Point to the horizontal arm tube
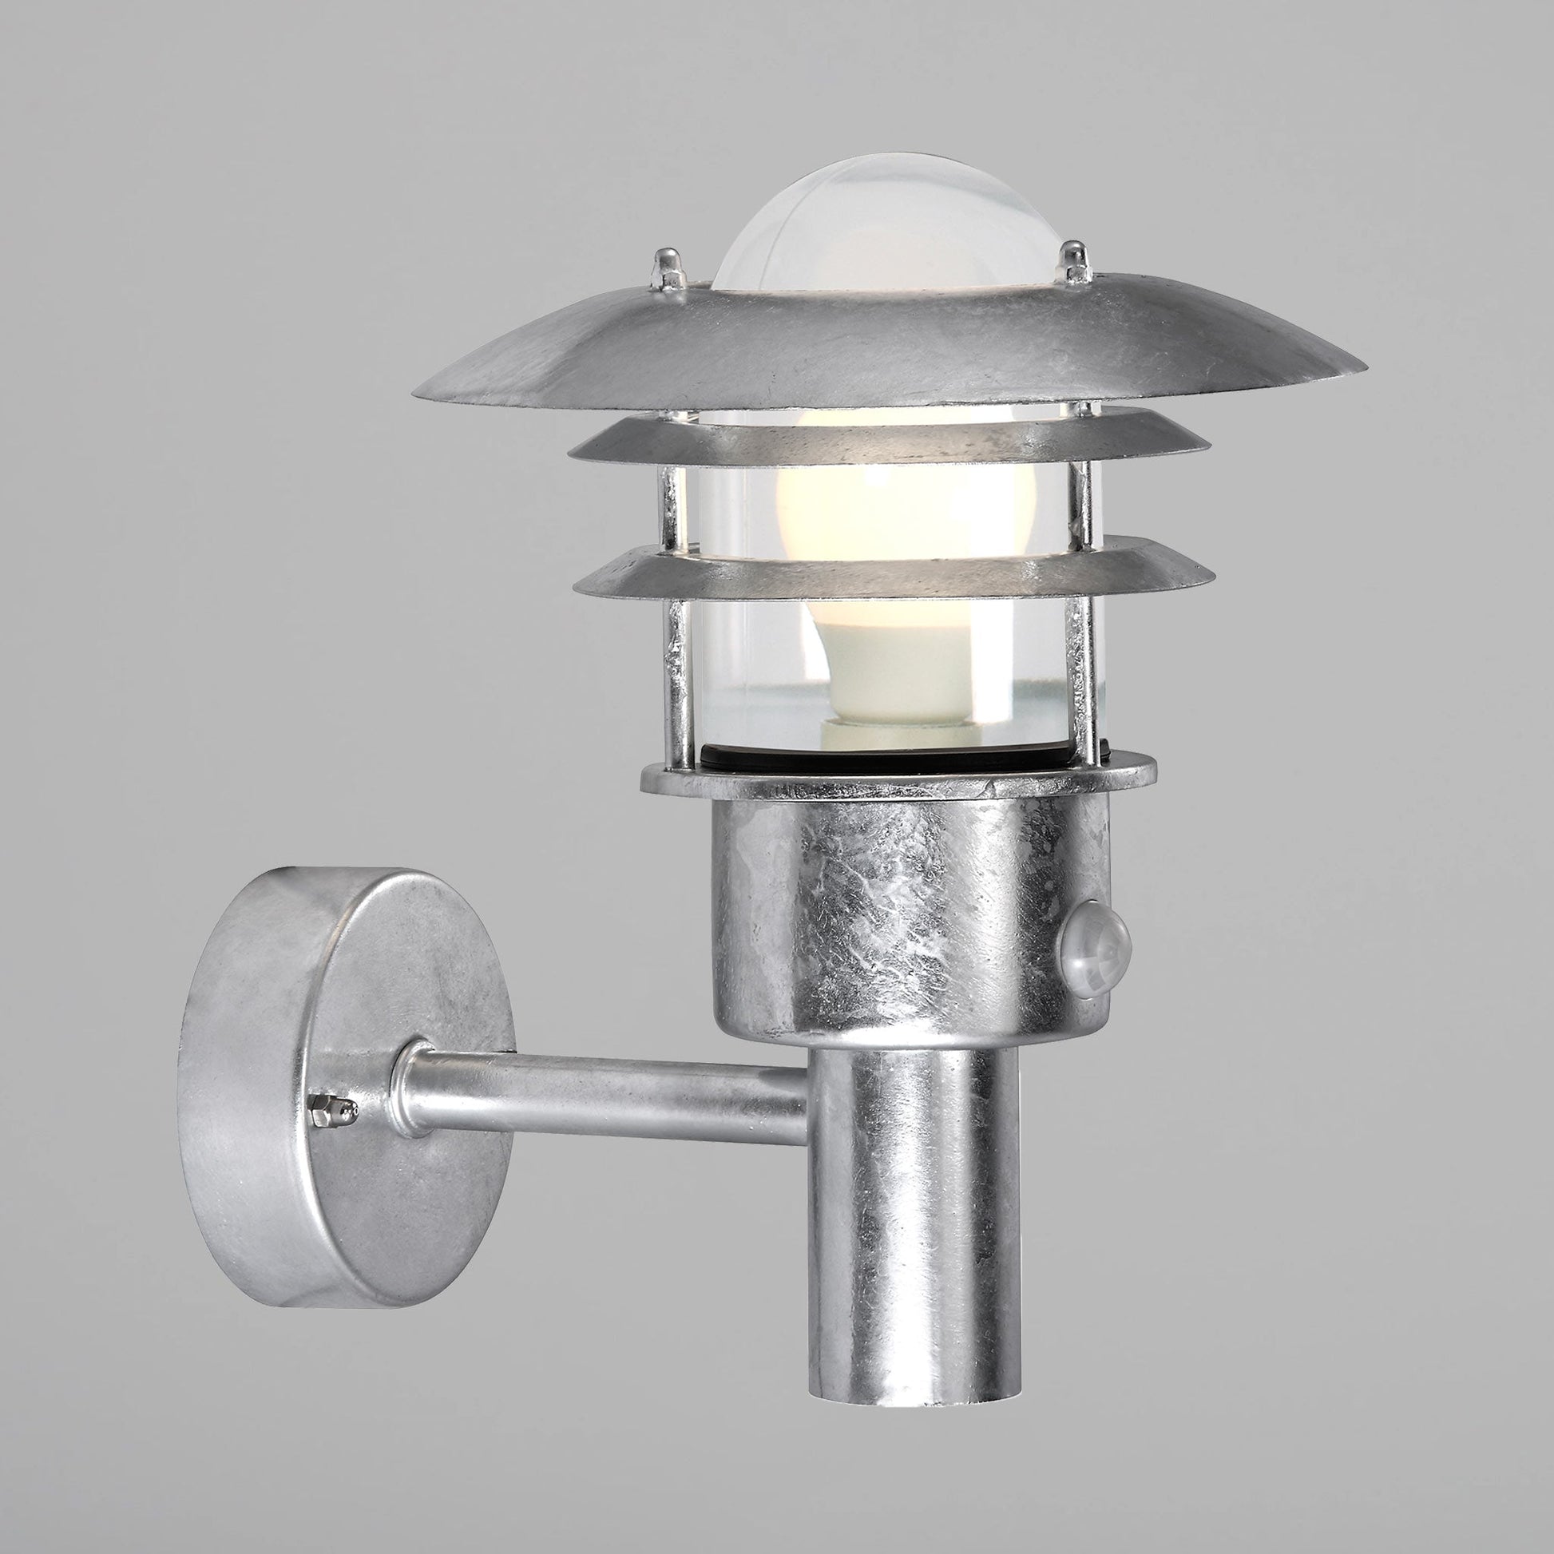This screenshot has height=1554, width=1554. pos(612,1088)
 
